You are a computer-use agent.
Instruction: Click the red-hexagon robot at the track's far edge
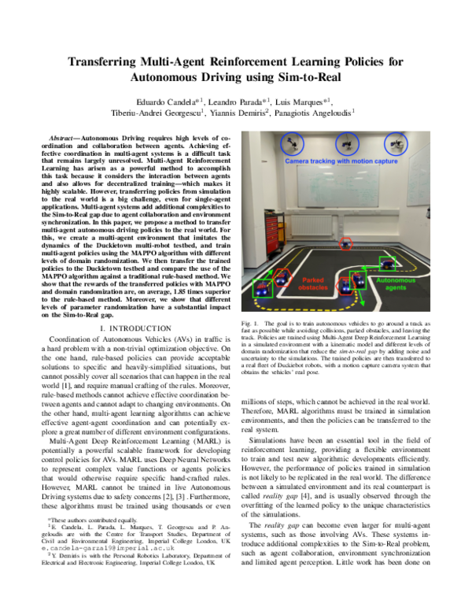(344, 245)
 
